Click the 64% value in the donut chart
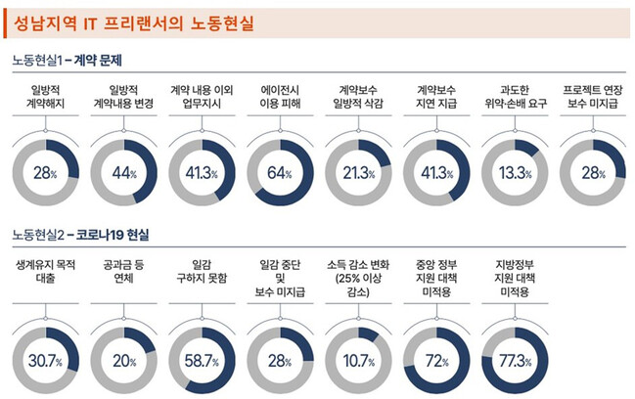(281, 173)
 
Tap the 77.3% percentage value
(516, 361)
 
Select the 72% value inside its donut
(436, 361)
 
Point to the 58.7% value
(202, 361)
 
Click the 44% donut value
(123, 173)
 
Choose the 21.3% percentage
(359, 173)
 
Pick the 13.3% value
(516, 173)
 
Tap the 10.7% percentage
(359, 361)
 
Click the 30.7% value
(45, 361)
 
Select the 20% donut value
(123, 361)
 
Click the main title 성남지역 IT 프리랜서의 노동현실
(130, 22)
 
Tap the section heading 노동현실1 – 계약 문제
(72, 59)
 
